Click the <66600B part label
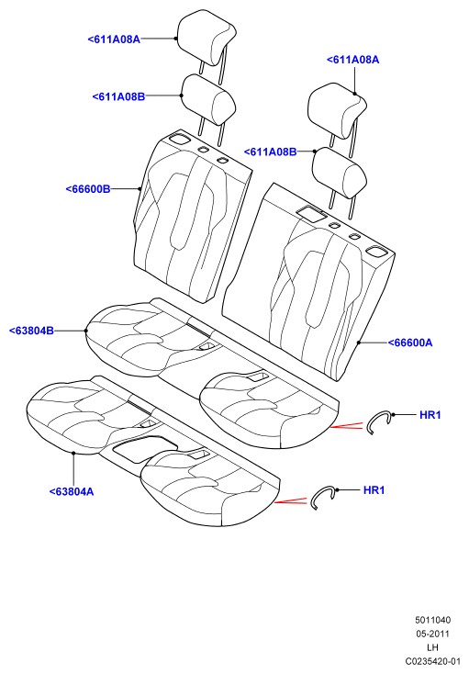(x=88, y=189)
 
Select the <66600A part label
(x=410, y=343)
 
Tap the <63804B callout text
(x=31, y=331)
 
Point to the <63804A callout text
(x=72, y=491)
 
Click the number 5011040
(x=433, y=620)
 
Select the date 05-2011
(x=433, y=634)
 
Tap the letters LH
(x=432, y=647)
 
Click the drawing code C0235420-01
(x=433, y=661)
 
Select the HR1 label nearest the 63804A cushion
(x=374, y=490)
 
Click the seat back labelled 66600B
(x=193, y=216)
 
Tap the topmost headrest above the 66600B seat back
(x=207, y=38)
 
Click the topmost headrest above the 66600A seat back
(x=337, y=110)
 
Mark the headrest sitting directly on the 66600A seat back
(x=340, y=173)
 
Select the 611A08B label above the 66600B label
(x=118, y=96)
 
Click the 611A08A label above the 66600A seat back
(x=353, y=60)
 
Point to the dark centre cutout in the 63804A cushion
(x=144, y=449)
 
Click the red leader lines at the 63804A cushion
(x=291, y=500)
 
